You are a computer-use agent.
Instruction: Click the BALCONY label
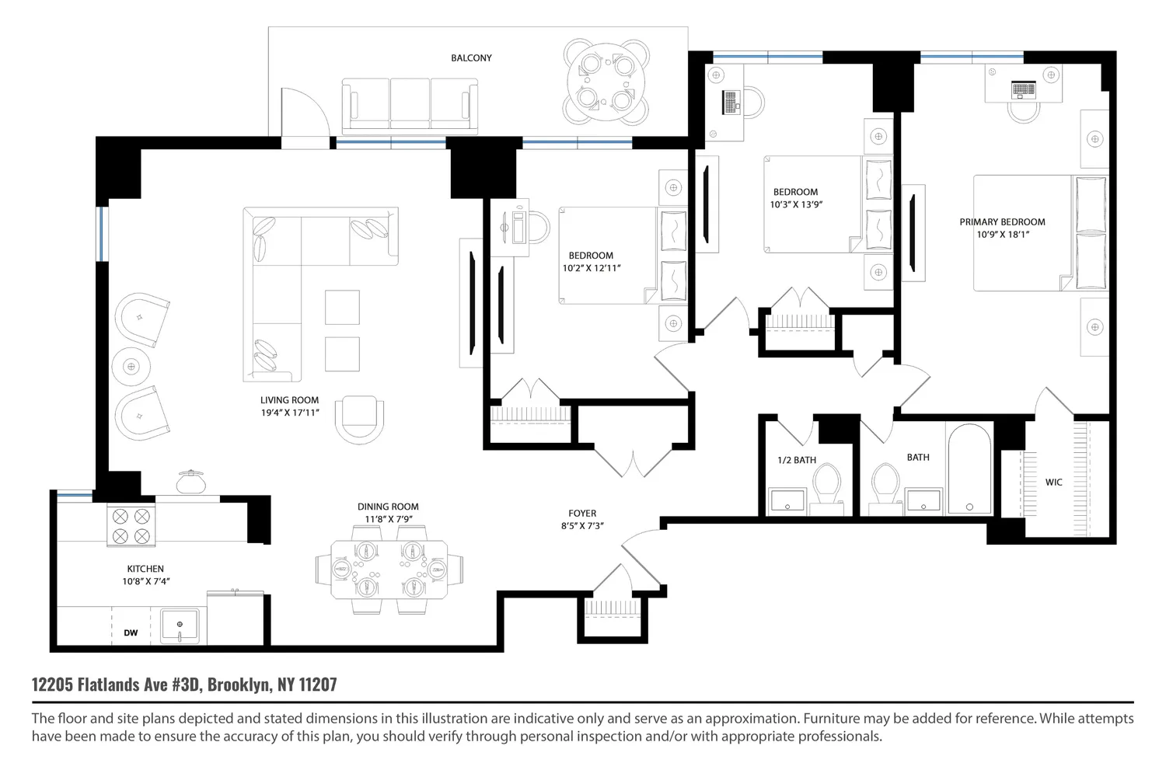pyautogui.click(x=471, y=57)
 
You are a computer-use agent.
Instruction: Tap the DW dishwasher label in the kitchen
pyautogui.click(x=131, y=632)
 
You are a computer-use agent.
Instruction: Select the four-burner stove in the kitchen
pyautogui.click(x=131, y=525)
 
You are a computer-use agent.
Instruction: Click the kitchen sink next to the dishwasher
pyautogui.click(x=180, y=626)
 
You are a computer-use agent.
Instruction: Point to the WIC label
pyautogui.click(x=1053, y=483)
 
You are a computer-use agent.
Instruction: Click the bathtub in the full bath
pyautogui.click(x=970, y=469)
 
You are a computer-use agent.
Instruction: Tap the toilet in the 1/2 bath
pyautogui.click(x=826, y=484)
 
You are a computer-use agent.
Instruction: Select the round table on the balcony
pyautogui.click(x=606, y=82)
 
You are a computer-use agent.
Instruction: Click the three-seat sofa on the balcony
pyautogui.click(x=410, y=106)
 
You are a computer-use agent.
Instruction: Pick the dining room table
pyautogui.click(x=389, y=570)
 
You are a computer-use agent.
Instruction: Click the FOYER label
pyautogui.click(x=582, y=513)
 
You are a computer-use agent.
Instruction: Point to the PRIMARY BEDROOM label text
pyautogui.click(x=1003, y=221)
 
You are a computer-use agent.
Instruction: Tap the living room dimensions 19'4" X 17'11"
pyautogui.click(x=290, y=413)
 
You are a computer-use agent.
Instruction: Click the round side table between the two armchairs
pyautogui.click(x=131, y=367)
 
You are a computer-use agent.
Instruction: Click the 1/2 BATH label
pyautogui.click(x=797, y=460)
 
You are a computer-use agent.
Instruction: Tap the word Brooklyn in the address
pyautogui.click(x=239, y=685)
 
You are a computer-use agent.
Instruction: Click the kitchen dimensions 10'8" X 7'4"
pyautogui.click(x=146, y=581)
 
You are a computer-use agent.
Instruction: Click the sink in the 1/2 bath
pyautogui.click(x=787, y=500)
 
